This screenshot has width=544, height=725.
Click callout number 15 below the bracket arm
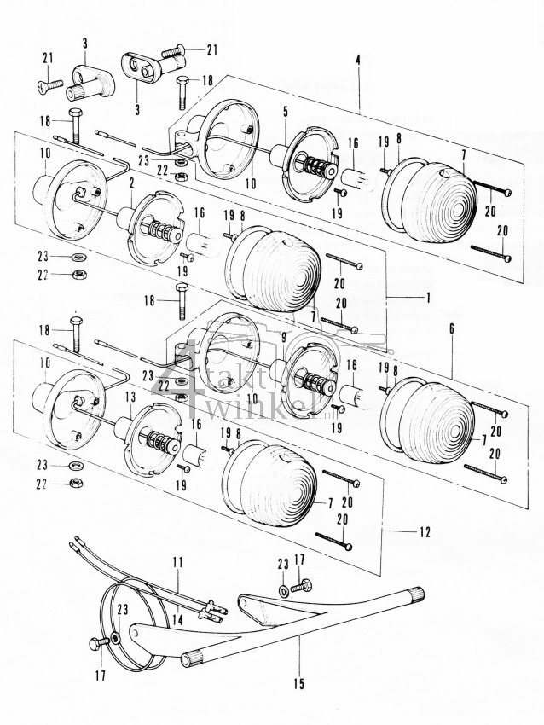click(300, 682)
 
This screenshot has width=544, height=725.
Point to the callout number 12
click(423, 532)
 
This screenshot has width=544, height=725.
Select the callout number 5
click(286, 112)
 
